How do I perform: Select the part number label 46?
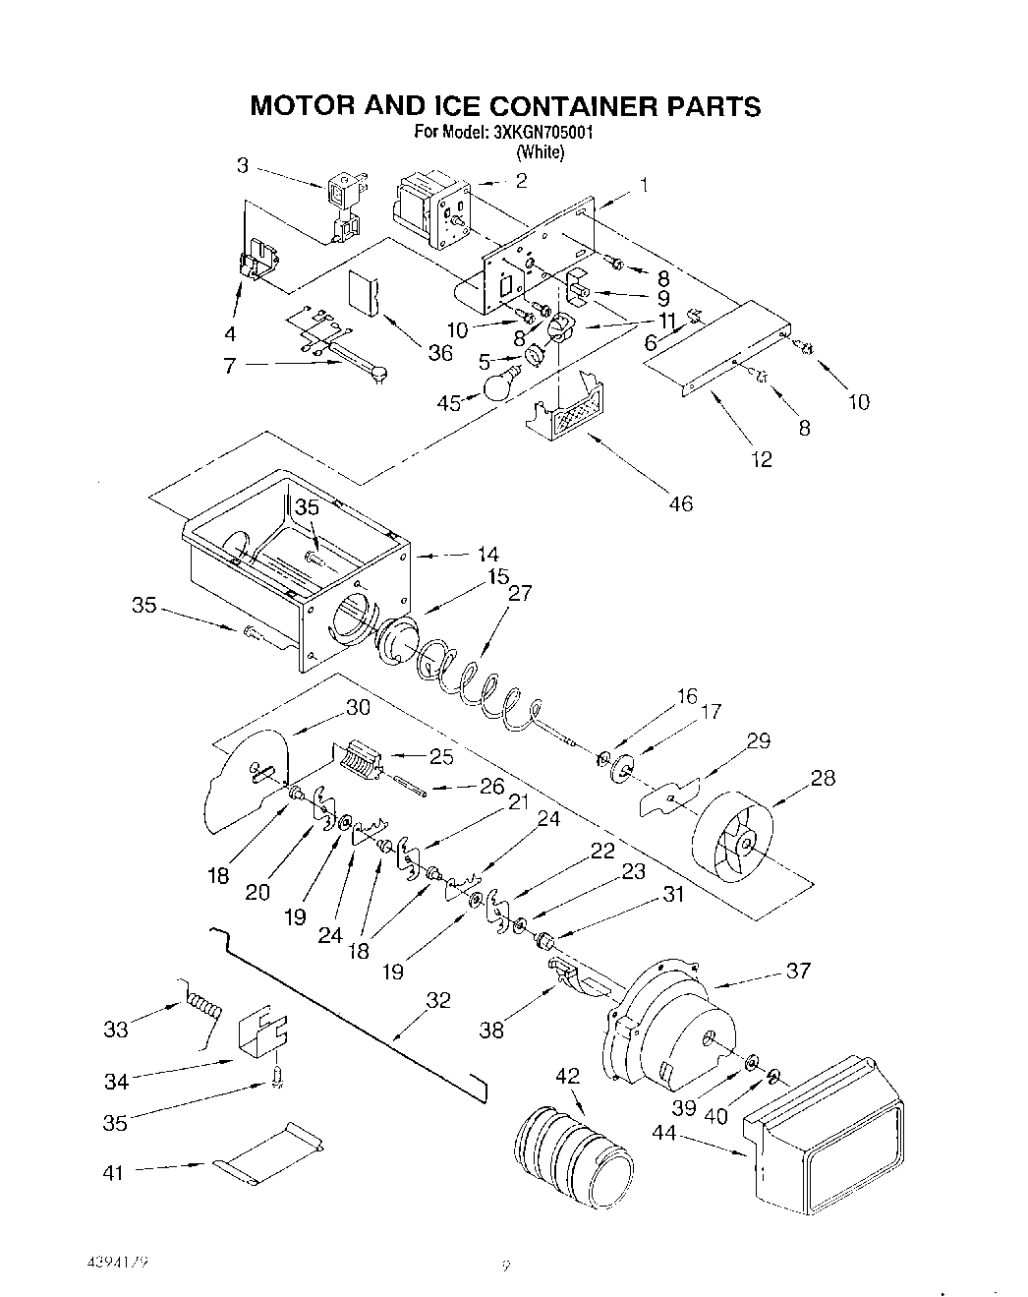[680, 503]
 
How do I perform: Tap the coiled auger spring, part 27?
[472, 683]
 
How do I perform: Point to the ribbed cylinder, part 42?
[574, 1150]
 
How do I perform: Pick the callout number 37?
[798, 971]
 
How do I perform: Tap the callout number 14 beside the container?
[487, 554]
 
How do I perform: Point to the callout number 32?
[437, 1000]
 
